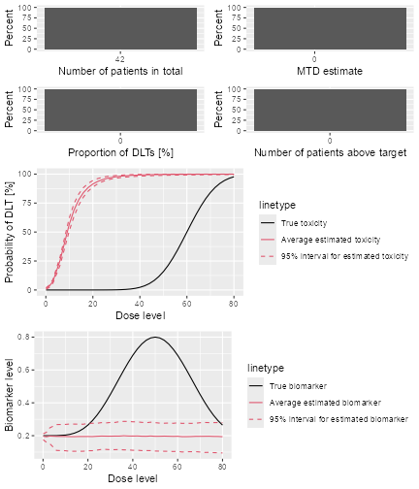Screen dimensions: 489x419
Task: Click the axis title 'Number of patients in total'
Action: [120, 71]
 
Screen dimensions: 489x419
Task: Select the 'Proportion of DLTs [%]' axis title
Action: [120, 152]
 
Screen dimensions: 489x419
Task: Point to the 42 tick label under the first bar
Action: [120, 57]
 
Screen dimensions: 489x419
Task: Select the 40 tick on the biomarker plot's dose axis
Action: [133, 467]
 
